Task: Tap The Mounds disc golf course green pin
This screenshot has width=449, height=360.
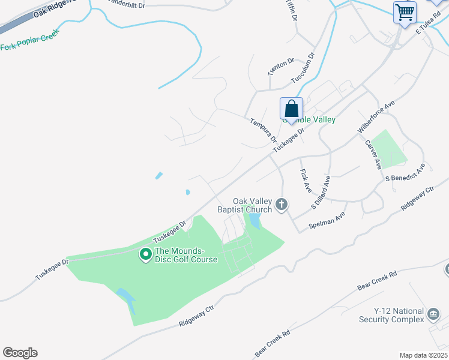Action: (145, 255)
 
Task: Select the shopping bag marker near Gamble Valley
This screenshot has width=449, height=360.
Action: (291, 110)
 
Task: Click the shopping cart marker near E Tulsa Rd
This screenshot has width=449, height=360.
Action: (405, 12)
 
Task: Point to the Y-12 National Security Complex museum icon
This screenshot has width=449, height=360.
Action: (433, 314)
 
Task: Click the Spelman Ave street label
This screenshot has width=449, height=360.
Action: (327, 220)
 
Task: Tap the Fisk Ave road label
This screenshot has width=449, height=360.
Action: (306, 180)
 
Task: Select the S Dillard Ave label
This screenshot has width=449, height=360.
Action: (321, 192)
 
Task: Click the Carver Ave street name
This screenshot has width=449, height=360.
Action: (373, 155)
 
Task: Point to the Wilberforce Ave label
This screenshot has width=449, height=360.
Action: (376, 116)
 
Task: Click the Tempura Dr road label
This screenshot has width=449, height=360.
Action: (264, 130)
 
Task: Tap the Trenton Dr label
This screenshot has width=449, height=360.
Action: (281, 66)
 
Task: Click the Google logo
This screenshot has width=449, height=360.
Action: (20, 353)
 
